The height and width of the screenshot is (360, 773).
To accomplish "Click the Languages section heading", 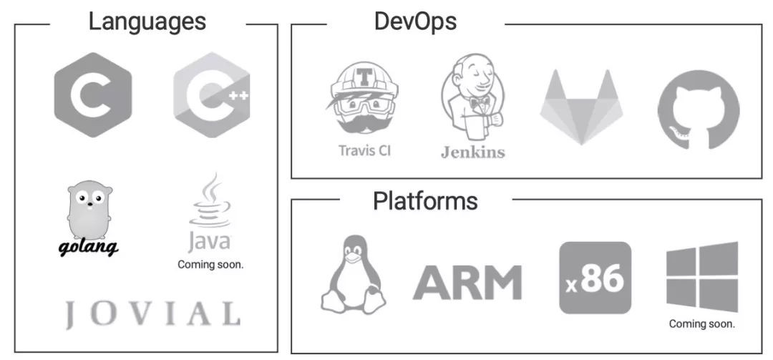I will [x=147, y=21].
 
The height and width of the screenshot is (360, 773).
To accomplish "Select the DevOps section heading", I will [x=415, y=21].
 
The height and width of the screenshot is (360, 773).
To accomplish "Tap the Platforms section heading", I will [x=424, y=201].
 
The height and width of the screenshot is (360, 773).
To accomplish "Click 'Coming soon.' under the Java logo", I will [x=210, y=264].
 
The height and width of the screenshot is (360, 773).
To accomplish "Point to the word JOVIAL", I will [x=152, y=313].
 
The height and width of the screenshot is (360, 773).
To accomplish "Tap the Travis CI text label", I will [x=364, y=150].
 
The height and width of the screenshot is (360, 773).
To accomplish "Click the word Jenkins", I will [x=472, y=152].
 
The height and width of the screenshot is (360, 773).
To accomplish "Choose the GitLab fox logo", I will [x=581, y=107].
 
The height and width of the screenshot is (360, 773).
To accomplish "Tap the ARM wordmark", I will [x=467, y=281].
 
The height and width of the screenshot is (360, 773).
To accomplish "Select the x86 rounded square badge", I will [x=595, y=278].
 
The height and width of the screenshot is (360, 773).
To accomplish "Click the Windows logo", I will [x=701, y=276].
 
